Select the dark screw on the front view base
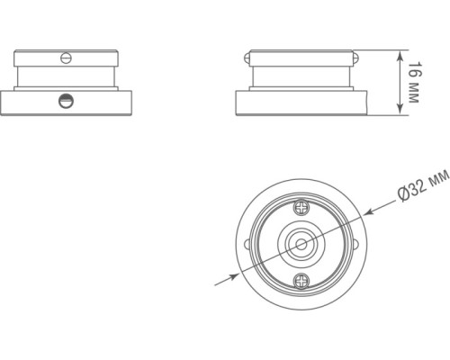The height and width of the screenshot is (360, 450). pos(64,101)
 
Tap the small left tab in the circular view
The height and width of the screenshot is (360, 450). pos(247,245)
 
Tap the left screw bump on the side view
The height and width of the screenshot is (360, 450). pos(245,58)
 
